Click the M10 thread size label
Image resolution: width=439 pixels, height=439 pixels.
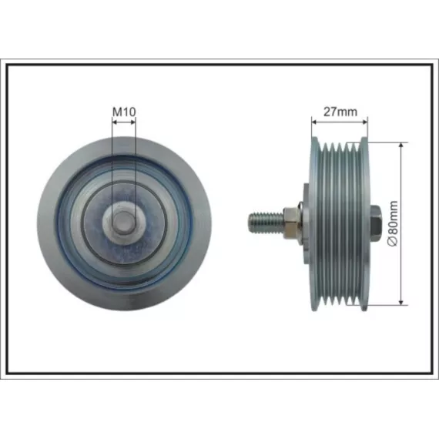click(x=124, y=112)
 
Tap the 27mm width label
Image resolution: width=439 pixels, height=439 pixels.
click(x=340, y=112)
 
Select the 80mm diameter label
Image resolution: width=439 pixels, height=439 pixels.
click(x=393, y=219)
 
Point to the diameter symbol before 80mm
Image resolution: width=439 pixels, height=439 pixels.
click(x=394, y=241)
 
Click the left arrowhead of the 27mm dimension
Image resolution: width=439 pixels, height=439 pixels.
click(x=314, y=122)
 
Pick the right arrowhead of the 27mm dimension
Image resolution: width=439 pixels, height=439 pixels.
click(x=364, y=122)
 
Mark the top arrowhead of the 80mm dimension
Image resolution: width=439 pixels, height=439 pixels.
click(x=401, y=145)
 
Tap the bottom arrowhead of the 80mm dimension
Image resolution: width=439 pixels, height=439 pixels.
click(x=401, y=302)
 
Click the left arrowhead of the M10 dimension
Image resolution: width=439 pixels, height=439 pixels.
click(x=115, y=122)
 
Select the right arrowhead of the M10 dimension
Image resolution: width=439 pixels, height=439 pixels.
click(x=133, y=122)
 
